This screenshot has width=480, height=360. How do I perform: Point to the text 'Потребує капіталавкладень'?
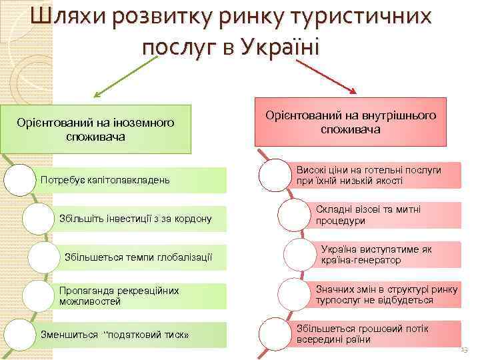pyautogui.click(x=105, y=179)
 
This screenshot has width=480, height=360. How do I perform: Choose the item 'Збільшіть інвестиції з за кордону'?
pyautogui.click(x=135, y=218)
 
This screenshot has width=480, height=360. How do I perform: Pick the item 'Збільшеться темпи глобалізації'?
pyautogui.click(x=138, y=257)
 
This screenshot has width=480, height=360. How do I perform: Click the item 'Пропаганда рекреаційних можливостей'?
pyautogui.click(x=110, y=296)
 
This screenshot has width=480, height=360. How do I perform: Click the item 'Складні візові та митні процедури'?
pyautogui.click(x=368, y=215)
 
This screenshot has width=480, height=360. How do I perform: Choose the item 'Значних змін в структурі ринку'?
pyautogui.click(x=387, y=295)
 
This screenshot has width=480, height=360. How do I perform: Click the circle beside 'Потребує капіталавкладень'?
pyautogui.click(x=19, y=180)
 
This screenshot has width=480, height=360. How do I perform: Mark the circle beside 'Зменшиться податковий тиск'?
pyautogui.click(x=19, y=334)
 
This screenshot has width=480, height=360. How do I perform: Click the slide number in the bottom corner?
pyautogui.click(x=464, y=350)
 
